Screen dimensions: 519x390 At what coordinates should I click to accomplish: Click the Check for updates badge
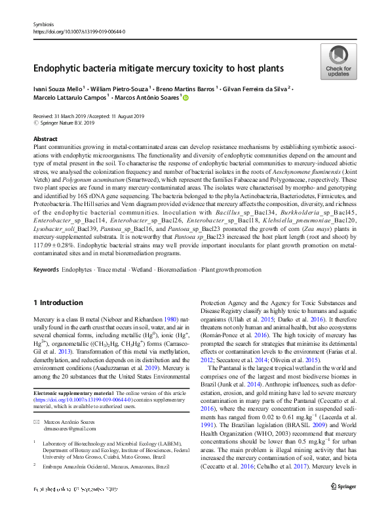(338, 62)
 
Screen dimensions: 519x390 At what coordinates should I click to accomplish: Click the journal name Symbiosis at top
(43, 24)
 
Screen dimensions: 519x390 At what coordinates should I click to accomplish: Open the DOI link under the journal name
(79, 31)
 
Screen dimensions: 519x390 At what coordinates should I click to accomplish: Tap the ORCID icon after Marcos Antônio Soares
(185, 98)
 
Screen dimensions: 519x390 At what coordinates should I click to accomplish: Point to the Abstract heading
(45, 139)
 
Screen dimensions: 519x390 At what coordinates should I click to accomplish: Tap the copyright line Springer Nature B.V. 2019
(68, 122)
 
